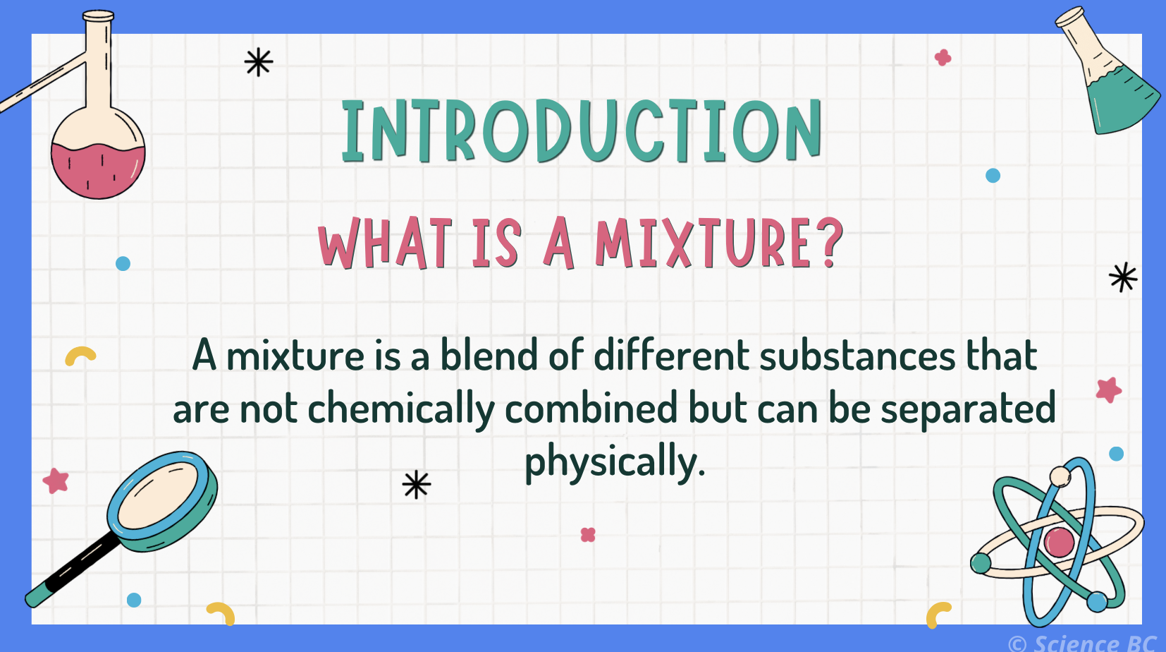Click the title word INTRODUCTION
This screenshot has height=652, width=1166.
coord(582,131)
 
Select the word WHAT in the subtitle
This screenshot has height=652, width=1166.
coord(385,243)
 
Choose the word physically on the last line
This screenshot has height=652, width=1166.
coord(615,462)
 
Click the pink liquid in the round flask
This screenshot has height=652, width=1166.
coord(97,171)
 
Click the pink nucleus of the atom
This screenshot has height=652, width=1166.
coord(1059,543)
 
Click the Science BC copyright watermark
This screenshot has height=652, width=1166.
coord(1083,643)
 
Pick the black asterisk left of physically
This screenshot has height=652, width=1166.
coord(416,485)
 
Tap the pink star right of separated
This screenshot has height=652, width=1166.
coord(1108,390)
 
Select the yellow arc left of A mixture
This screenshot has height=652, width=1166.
coord(80,355)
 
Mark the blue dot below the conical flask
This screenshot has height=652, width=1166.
coord(993,176)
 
